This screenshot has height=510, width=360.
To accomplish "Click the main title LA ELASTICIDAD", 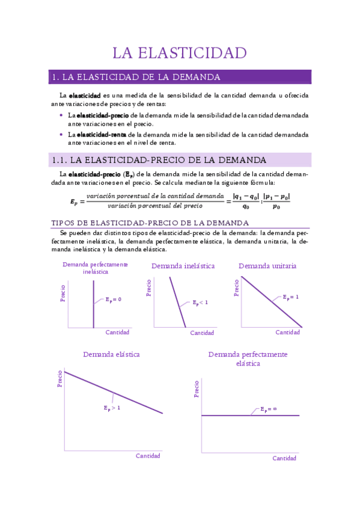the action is pyautogui.click(x=180, y=53).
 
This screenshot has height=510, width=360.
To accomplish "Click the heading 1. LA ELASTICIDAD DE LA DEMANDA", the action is pyautogui.click(x=136, y=77).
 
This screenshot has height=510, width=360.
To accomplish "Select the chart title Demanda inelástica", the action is pyautogui.click(x=183, y=266).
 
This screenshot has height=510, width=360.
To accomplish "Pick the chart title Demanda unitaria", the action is pyautogui.click(x=267, y=266).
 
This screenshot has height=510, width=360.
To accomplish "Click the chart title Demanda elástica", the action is pyautogui.click(x=111, y=354).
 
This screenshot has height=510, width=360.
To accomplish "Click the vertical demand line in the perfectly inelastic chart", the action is pyautogui.click(x=93, y=307).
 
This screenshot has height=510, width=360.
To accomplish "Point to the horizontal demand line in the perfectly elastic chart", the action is pyautogui.click(x=249, y=415).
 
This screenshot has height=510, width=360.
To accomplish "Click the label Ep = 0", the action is pyautogui.click(x=113, y=299).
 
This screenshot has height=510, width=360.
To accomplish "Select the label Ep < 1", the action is pyautogui.click(x=200, y=303).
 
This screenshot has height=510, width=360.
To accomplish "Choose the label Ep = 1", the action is pyautogui.click(x=291, y=297).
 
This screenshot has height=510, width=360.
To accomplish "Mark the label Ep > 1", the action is pyautogui.click(x=112, y=408).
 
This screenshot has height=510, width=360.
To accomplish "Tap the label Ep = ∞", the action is pyautogui.click(x=268, y=409).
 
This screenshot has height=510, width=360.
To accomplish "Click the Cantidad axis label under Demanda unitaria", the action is pyautogui.click(x=287, y=333).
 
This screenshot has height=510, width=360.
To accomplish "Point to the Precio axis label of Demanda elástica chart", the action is pyautogui.click(x=60, y=378).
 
